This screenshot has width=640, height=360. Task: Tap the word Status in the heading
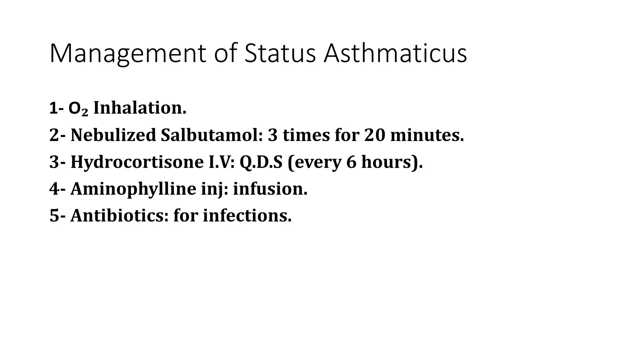[280, 54]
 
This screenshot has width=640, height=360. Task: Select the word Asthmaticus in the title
[395, 54]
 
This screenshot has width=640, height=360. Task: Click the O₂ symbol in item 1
[78, 109]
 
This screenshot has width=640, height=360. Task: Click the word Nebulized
[113, 135]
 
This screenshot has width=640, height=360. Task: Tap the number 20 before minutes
[374, 135]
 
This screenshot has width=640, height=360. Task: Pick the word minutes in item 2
[427, 135]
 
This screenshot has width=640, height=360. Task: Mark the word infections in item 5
[247, 216]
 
